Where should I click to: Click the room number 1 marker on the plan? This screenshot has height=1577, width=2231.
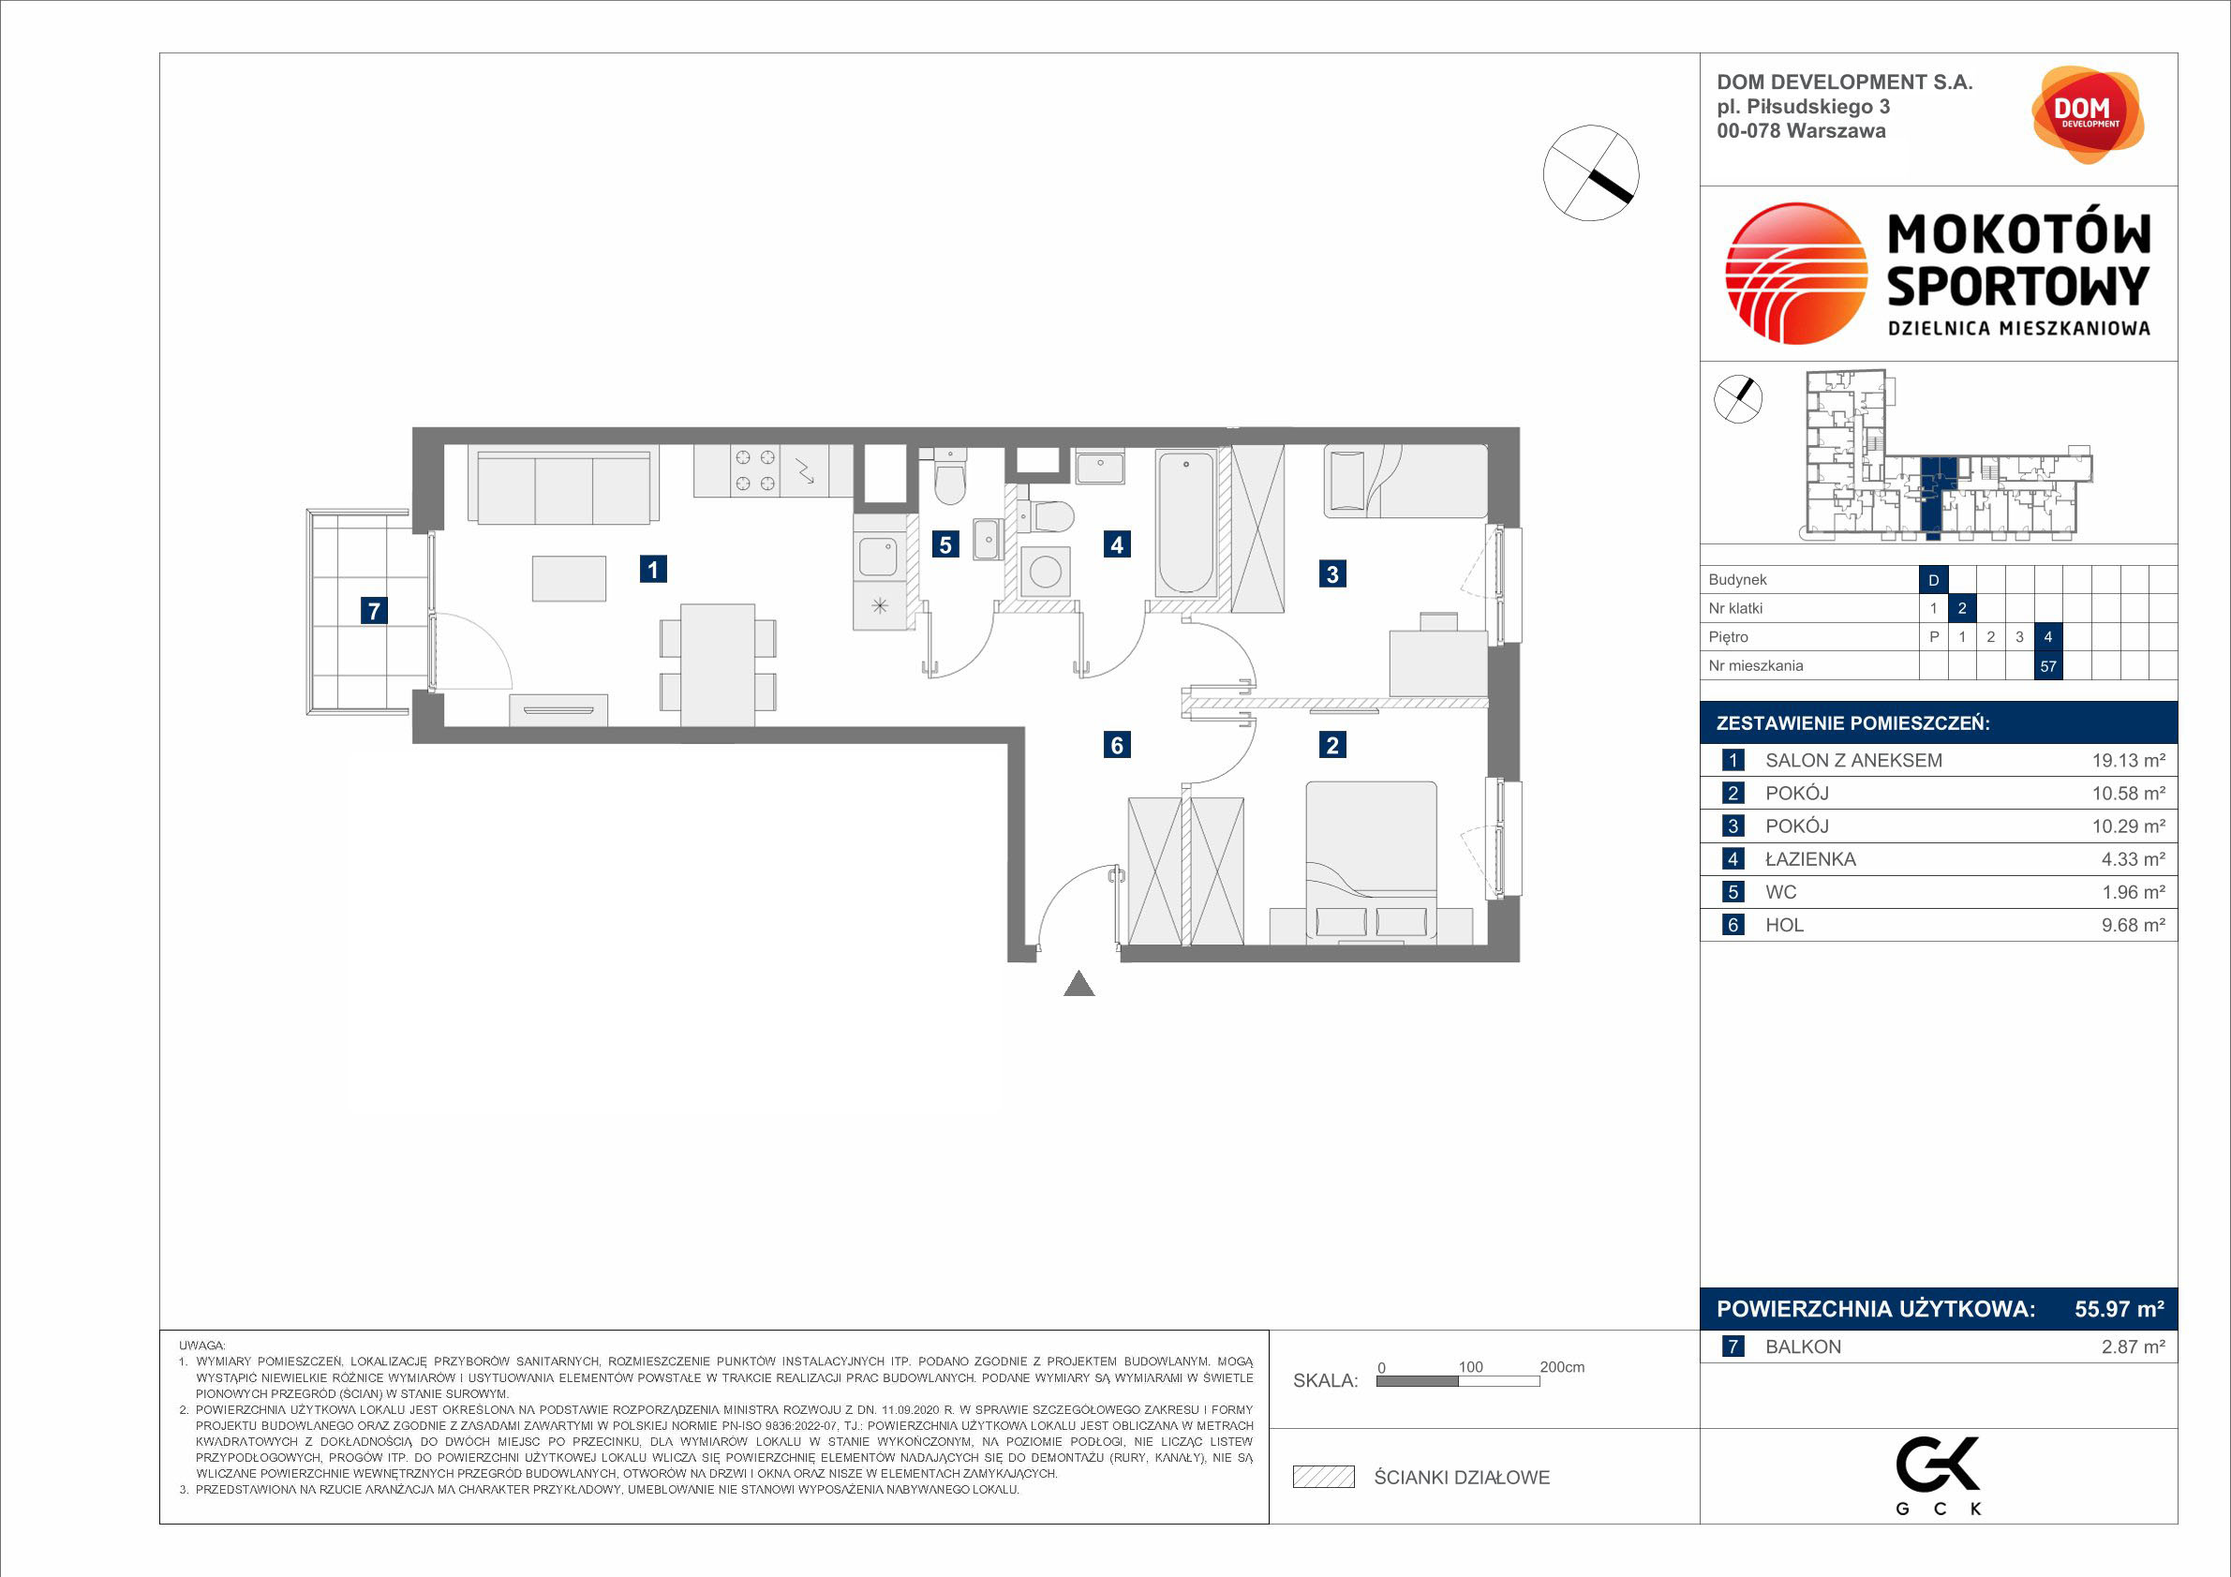653,570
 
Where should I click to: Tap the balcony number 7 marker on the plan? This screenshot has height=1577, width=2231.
373,610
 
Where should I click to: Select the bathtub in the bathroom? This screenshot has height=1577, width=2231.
1185,522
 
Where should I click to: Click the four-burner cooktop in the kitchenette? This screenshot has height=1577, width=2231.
755,470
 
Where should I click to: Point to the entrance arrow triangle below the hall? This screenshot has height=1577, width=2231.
1079,983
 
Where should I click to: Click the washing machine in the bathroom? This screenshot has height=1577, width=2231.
1046,572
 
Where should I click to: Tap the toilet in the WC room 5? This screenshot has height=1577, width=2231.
949,476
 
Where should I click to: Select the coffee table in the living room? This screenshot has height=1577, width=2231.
570,578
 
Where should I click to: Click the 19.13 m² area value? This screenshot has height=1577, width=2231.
2128,761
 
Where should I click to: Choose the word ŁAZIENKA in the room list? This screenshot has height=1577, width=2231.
1810,859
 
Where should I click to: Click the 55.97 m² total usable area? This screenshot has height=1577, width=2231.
2119,1309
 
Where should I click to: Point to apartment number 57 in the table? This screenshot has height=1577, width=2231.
2048,666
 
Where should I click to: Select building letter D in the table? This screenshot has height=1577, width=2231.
1934,580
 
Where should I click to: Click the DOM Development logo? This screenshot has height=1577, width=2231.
2088,114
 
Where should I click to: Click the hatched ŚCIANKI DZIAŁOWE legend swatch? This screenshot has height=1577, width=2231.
1323,1477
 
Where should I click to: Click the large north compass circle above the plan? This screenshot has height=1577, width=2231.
1591,173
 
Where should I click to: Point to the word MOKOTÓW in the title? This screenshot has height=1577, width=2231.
2019,235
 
